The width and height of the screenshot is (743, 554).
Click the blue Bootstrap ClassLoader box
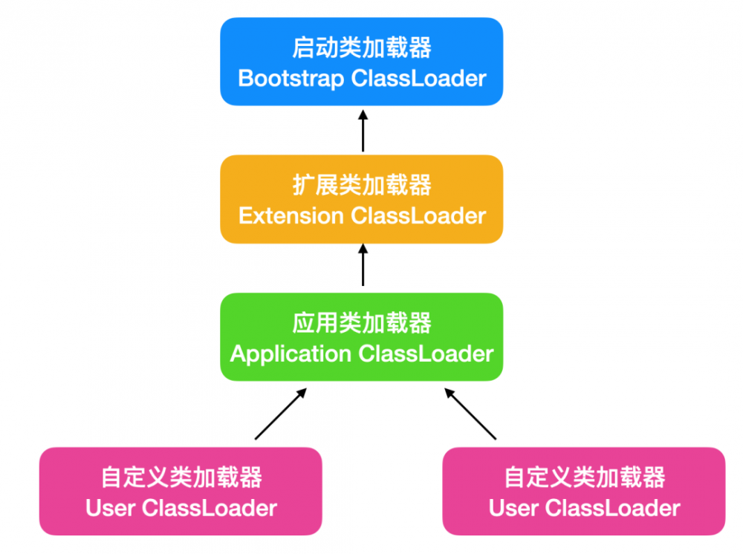click(362, 62)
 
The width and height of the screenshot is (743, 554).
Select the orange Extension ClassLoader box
click(362, 198)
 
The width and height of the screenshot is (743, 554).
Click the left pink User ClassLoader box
click(181, 491)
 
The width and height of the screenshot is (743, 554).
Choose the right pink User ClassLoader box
click(584, 491)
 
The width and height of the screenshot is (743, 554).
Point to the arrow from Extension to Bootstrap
click(363, 130)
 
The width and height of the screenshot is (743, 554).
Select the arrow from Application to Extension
click(363, 267)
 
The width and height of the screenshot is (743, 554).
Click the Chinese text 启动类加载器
click(362, 48)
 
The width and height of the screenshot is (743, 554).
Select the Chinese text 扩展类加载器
click(362, 185)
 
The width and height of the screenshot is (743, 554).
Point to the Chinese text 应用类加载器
click(362, 323)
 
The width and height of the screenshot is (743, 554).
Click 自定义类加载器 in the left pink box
click(181, 478)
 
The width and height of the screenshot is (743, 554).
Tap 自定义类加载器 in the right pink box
click(585, 478)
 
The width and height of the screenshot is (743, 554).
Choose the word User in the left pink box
click(110, 509)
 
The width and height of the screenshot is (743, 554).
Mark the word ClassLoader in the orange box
click(418, 215)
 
